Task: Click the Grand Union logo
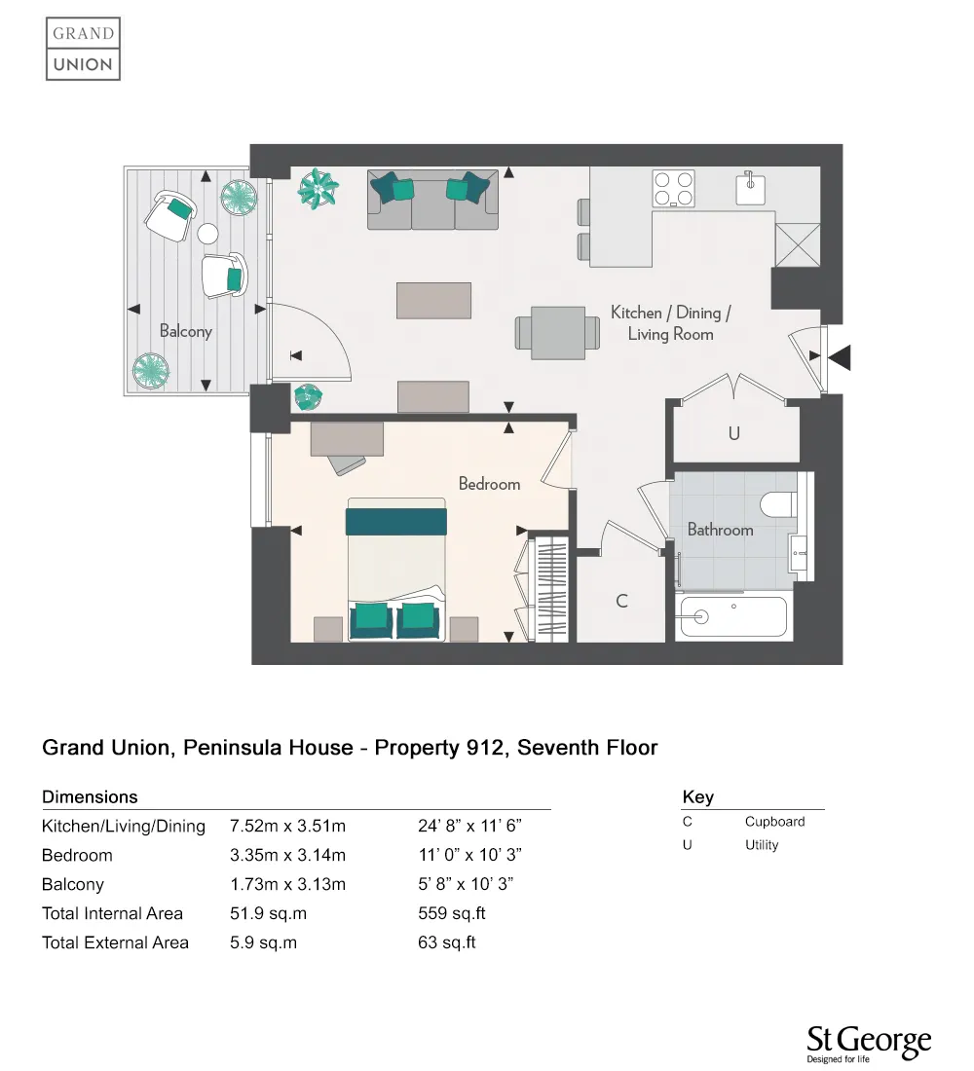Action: click(84, 49)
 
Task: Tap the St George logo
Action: click(868, 1044)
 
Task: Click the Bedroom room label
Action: click(489, 484)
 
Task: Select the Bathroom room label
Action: click(720, 530)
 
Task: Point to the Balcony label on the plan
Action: click(185, 331)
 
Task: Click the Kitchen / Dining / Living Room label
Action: click(670, 323)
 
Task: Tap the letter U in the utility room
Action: click(733, 434)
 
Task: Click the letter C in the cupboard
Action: click(621, 601)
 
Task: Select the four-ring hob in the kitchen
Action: click(673, 189)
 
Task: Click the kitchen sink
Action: click(750, 188)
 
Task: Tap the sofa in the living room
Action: click(432, 201)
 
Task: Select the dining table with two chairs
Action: click(558, 332)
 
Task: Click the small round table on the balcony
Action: click(207, 234)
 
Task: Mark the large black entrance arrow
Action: click(839, 357)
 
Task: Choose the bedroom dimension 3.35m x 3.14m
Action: click(287, 855)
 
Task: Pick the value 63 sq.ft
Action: click(446, 942)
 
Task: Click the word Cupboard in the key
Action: click(774, 821)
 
